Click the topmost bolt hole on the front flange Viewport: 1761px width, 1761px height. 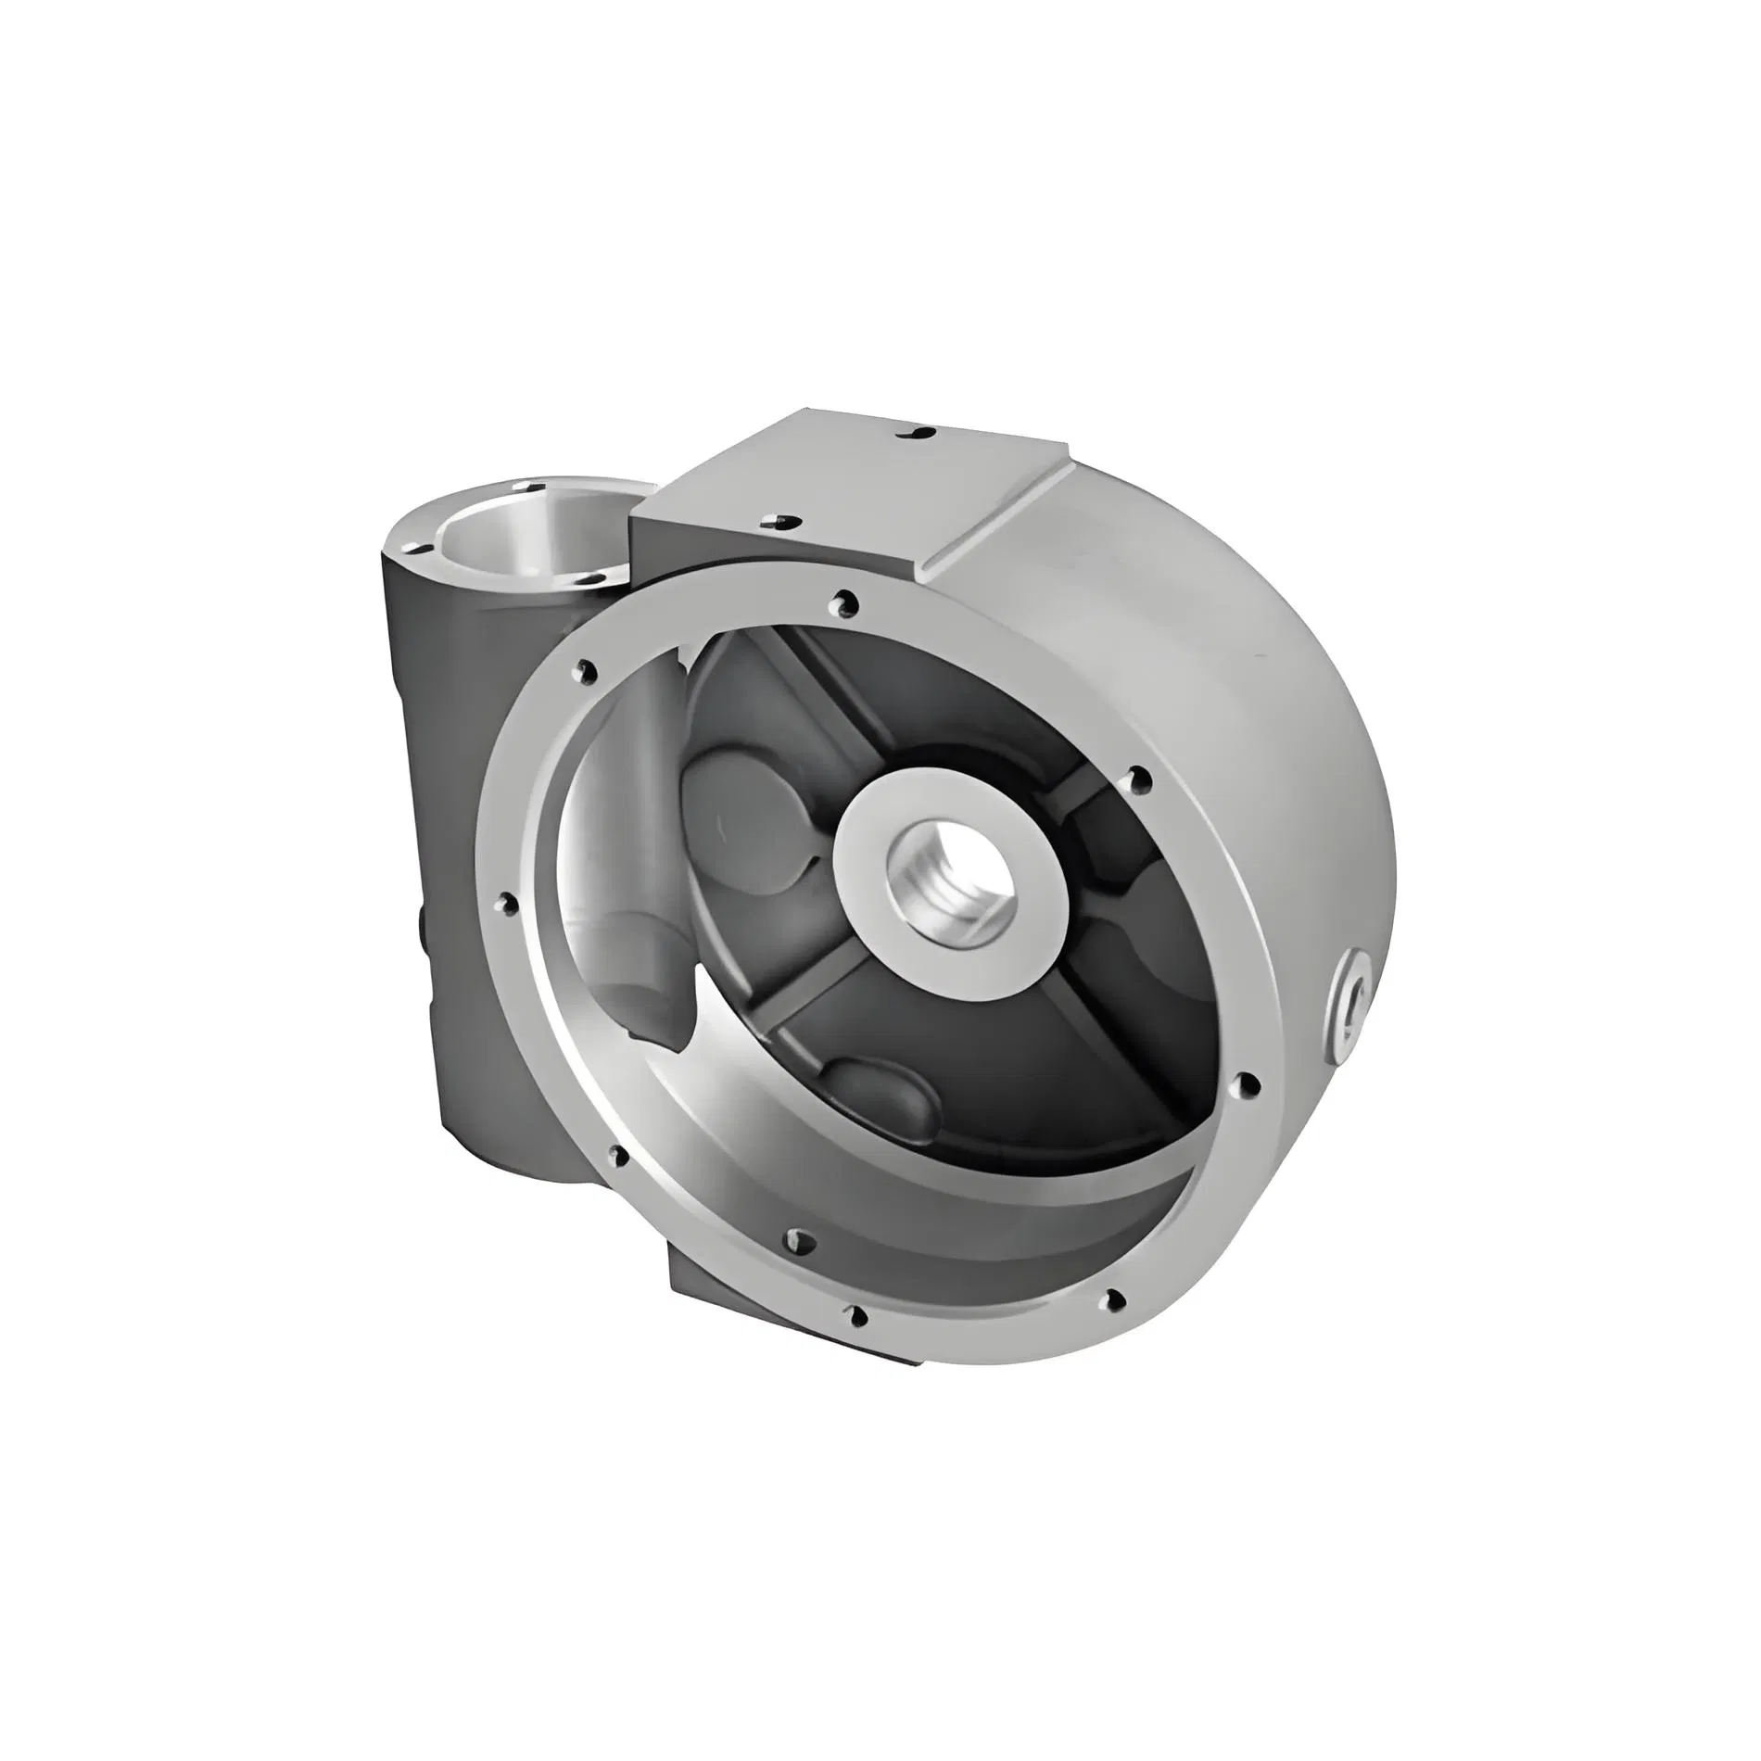(842, 603)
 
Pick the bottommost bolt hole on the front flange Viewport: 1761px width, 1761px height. (858, 1315)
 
